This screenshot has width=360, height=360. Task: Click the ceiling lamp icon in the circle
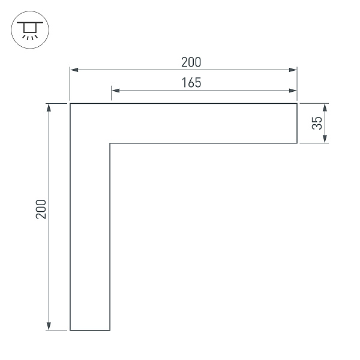click(x=28, y=28)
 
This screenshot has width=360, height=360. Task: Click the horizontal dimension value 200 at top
click(x=191, y=62)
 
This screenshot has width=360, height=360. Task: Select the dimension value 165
click(x=191, y=83)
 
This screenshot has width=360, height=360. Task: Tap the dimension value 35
click(x=317, y=123)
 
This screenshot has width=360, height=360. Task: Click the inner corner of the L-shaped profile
click(x=110, y=143)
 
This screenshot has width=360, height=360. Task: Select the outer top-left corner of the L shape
click(x=71, y=104)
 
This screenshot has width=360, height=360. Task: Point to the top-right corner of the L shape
click(x=298, y=104)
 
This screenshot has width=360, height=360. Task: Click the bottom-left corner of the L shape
click(x=71, y=330)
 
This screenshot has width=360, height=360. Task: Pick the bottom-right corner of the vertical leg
click(x=110, y=330)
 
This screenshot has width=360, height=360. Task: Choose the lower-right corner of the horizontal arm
click(x=298, y=143)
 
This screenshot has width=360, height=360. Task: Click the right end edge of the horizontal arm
click(x=298, y=124)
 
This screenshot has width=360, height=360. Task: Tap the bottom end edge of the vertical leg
click(x=90, y=330)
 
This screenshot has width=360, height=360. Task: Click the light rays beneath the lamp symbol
click(x=28, y=35)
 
